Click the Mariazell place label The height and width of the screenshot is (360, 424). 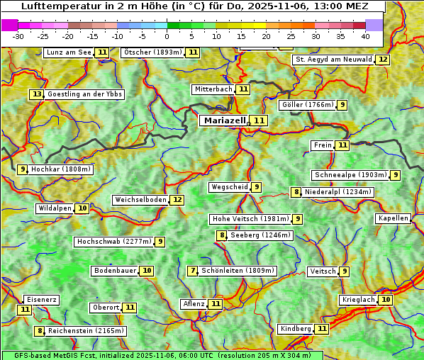tap(225, 120)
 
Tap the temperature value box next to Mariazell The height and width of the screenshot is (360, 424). tap(260, 120)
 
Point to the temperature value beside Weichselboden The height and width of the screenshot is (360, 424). tap(177, 200)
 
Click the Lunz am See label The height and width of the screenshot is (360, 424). tap(69, 52)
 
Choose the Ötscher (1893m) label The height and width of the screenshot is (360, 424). tap(152, 52)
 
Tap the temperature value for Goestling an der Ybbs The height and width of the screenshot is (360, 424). tap(36, 94)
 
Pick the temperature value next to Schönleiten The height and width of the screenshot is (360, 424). tap(193, 271)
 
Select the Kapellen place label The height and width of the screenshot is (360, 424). tap(393, 218)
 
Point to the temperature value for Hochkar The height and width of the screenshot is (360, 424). tap(23, 169)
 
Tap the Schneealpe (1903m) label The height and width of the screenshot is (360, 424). tap(350, 175)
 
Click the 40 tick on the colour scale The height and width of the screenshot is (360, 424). tap(365, 35)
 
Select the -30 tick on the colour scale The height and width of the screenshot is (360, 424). tap(18, 35)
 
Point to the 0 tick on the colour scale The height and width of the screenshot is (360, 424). tap(167, 35)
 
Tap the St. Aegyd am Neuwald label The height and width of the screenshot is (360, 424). tap(333, 60)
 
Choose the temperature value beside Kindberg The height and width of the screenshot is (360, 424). tap(322, 329)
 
